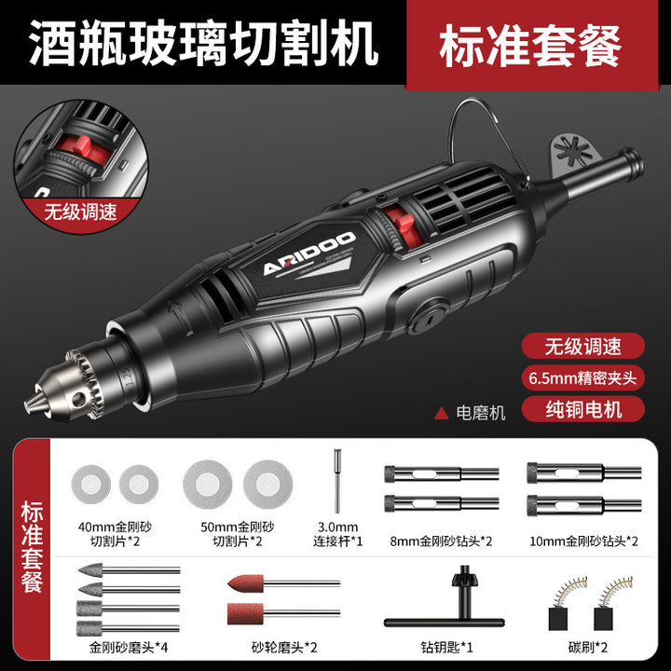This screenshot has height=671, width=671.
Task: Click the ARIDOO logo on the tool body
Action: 309,253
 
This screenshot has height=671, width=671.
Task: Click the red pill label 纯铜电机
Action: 583,409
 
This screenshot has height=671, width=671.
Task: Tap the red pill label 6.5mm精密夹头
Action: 583,377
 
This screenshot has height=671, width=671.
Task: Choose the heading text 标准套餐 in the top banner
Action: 530,46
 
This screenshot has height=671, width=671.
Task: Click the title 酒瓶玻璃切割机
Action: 204,43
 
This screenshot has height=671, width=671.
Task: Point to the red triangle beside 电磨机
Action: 441,414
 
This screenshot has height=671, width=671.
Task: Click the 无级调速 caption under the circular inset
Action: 80,212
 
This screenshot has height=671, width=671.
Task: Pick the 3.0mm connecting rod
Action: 337,480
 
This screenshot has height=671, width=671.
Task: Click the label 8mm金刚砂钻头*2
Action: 441,541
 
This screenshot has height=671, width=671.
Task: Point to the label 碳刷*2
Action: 588,647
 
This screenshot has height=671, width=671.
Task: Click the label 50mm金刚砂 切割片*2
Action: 238,534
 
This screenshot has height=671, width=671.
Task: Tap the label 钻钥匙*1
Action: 446,647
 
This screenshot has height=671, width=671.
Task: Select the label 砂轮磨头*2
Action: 284,647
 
